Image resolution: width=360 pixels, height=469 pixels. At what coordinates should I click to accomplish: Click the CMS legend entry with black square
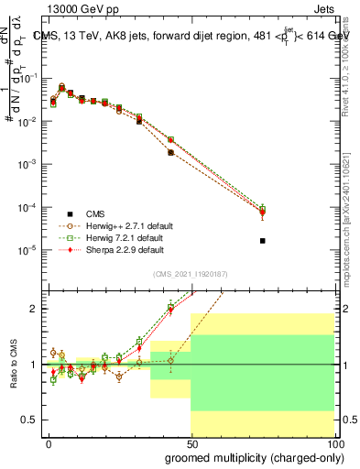click(x=85, y=213)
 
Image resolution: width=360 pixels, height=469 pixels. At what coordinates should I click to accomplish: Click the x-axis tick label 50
click(x=191, y=443)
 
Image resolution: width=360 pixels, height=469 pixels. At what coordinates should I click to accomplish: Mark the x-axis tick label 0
click(x=49, y=443)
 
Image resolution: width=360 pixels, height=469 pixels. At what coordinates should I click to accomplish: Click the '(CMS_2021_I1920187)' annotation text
click(x=191, y=274)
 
